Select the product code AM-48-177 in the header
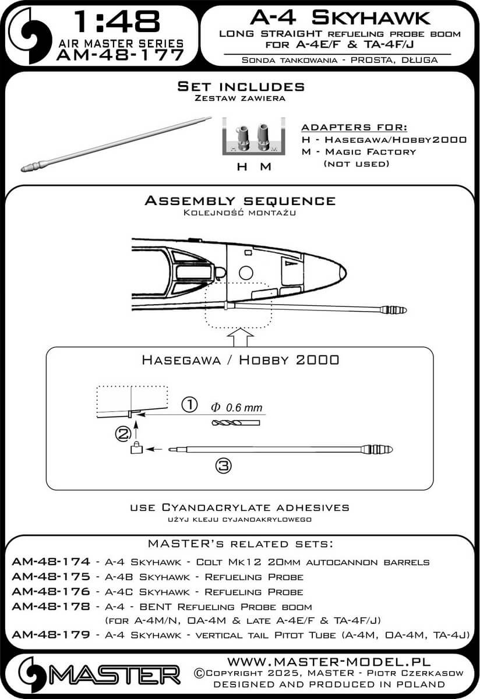(120, 55)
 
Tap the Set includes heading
(241, 87)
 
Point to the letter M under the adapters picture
(265, 167)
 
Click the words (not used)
(355, 164)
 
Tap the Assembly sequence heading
(240, 201)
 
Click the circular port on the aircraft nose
(246, 272)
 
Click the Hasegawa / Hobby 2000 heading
(240, 359)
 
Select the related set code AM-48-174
(51, 562)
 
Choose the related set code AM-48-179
(51, 634)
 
